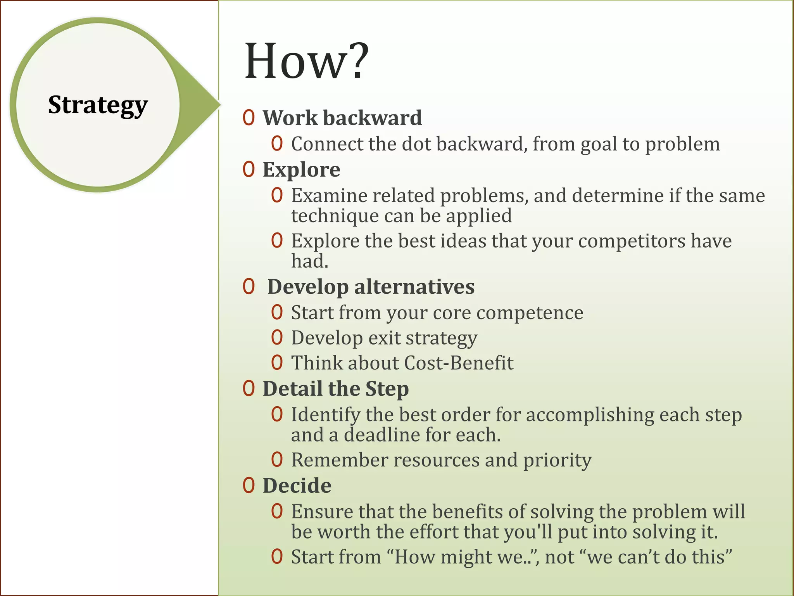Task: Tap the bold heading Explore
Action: [x=301, y=170]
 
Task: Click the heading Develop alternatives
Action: [x=371, y=287]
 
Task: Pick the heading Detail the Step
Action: [x=336, y=388]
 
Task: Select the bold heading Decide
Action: [x=297, y=485]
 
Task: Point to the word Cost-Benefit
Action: [x=459, y=363]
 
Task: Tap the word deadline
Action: [x=381, y=435]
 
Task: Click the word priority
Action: [x=557, y=460]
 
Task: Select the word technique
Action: [x=335, y=216]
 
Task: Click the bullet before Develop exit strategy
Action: [x=277, y=338]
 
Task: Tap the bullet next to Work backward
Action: [x=249, y=118]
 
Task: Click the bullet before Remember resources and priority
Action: [x=277, y=460]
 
